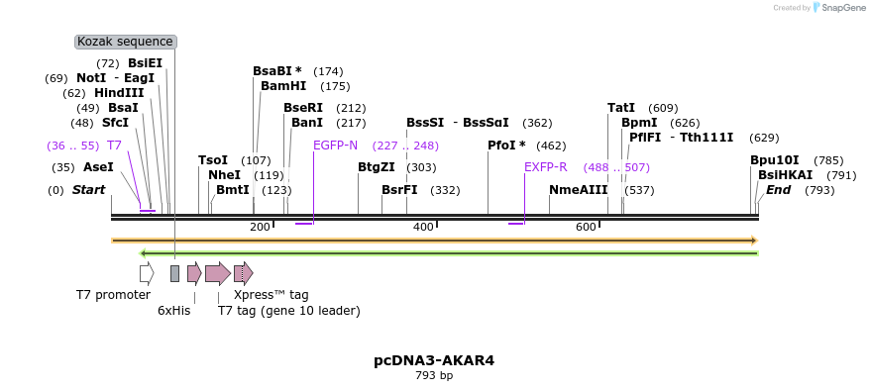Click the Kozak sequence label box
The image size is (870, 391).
click(126, 42)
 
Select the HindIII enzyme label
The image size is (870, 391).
click(119, 93)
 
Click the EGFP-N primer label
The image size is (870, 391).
click(335, 146)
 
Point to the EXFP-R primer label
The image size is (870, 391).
click(545, 167)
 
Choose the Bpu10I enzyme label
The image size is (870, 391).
click(774, 160)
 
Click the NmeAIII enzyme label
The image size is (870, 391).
click(578, 190)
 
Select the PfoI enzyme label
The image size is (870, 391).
click(506, 146)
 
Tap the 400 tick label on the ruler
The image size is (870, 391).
click(423, 227)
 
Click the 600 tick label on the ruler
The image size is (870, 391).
click(586, 227)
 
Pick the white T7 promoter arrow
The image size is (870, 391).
click(147, 273)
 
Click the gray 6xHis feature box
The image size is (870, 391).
click(174, 273)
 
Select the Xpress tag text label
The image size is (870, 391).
click(271, 295)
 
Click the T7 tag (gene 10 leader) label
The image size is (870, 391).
click(289, 311)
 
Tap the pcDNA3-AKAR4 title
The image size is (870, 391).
click(434, 360)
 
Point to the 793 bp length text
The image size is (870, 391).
click(434, 376)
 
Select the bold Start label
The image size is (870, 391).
click(88, 190)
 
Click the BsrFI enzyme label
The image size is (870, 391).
click(399, 190)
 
